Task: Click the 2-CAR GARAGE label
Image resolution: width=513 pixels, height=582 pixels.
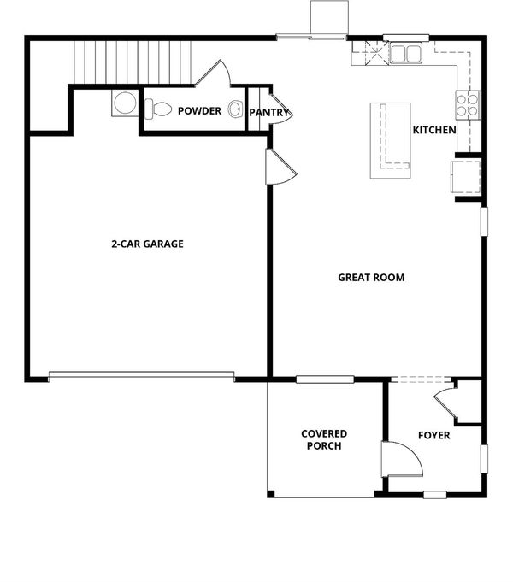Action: click(x=147, y=244)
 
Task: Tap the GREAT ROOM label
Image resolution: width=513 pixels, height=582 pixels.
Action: click(x=371, y=278)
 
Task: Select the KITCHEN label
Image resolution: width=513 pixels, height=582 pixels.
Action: click(x=434, y=130)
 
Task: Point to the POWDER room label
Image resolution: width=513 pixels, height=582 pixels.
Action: click(x=199, y=111)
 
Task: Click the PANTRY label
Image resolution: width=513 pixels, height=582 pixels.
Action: click(x=269, y=113)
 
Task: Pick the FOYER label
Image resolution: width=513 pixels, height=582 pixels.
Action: click(x=433, y=435)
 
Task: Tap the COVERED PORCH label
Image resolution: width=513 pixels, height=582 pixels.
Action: click(x=324, y=440)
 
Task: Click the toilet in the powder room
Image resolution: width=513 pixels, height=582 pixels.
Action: click(x=158, y=109)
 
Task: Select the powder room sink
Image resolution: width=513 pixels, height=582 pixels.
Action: click(x=235, y=109)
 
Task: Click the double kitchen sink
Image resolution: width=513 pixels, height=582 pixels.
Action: click(x=405, y=53)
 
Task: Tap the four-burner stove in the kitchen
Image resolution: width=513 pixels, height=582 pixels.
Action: click(x=468, y=105)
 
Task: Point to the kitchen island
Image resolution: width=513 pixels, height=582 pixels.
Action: click(x=391, y=141)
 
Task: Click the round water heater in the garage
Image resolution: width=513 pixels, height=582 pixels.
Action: click(x=125, y=103)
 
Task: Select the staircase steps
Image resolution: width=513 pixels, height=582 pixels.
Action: click(x=133, y=62)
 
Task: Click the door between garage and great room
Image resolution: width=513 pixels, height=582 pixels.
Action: click(x=280, y=167)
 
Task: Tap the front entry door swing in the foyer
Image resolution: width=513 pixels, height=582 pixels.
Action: click(x=402, y=460)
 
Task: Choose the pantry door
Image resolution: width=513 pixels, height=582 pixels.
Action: click(x=281, y=110)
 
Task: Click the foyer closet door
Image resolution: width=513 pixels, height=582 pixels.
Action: click(x=445, y=403)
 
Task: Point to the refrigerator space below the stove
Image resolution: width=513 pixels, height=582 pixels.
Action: click(x=466, y=177)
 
